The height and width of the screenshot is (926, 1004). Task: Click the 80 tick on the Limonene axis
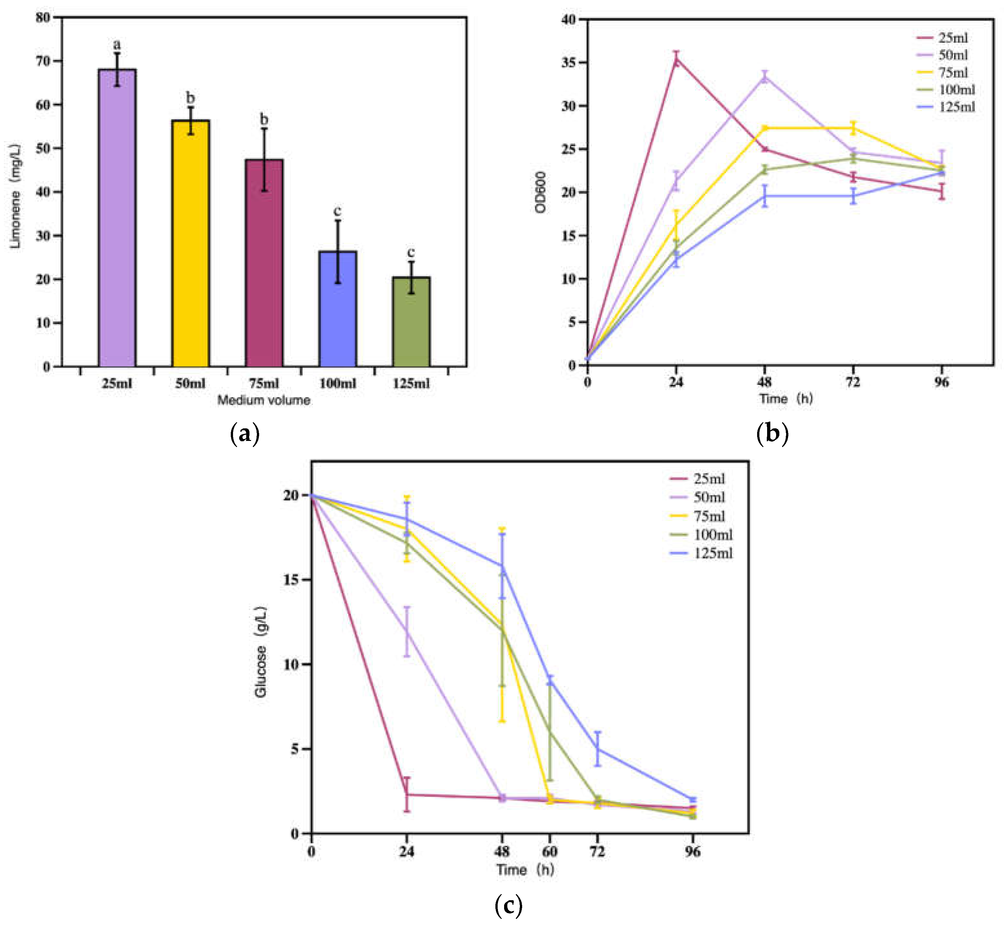pyautogui.click(x=43, y=17)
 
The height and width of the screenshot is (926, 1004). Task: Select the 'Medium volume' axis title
pyautogui.click(x=264, y=400)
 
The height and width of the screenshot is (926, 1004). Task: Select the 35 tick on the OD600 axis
pyautogui.click(x=569, y=63)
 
